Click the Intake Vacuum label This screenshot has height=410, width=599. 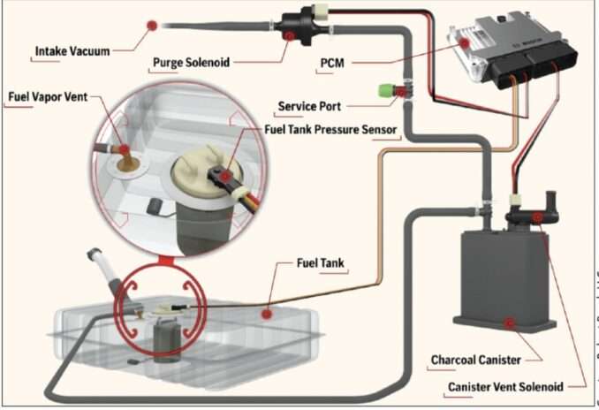click(72, 51)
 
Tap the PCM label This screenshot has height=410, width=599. click(332, 64)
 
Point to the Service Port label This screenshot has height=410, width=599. click(310, 107)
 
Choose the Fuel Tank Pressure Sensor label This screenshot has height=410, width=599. click(332, 130)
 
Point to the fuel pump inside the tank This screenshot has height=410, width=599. click(165, 341)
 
